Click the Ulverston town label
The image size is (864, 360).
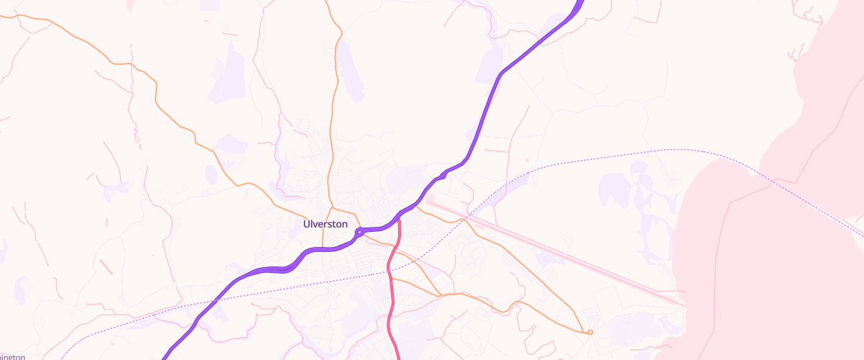coord(325,224)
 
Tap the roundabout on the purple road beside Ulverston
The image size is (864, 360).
coord(359,232)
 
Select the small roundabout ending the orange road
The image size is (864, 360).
coord(590,332)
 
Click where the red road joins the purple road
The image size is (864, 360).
coord(399,220)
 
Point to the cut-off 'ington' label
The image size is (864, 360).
coord(13,356)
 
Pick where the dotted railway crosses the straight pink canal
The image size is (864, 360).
coord(468,215)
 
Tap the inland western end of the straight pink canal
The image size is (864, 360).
coord(428,202)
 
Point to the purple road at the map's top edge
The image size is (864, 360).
coord(580,2)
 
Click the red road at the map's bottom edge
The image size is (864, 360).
coord(400,357)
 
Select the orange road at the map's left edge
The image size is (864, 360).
coord(2,15)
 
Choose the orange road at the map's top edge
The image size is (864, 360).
coord(328,2)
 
